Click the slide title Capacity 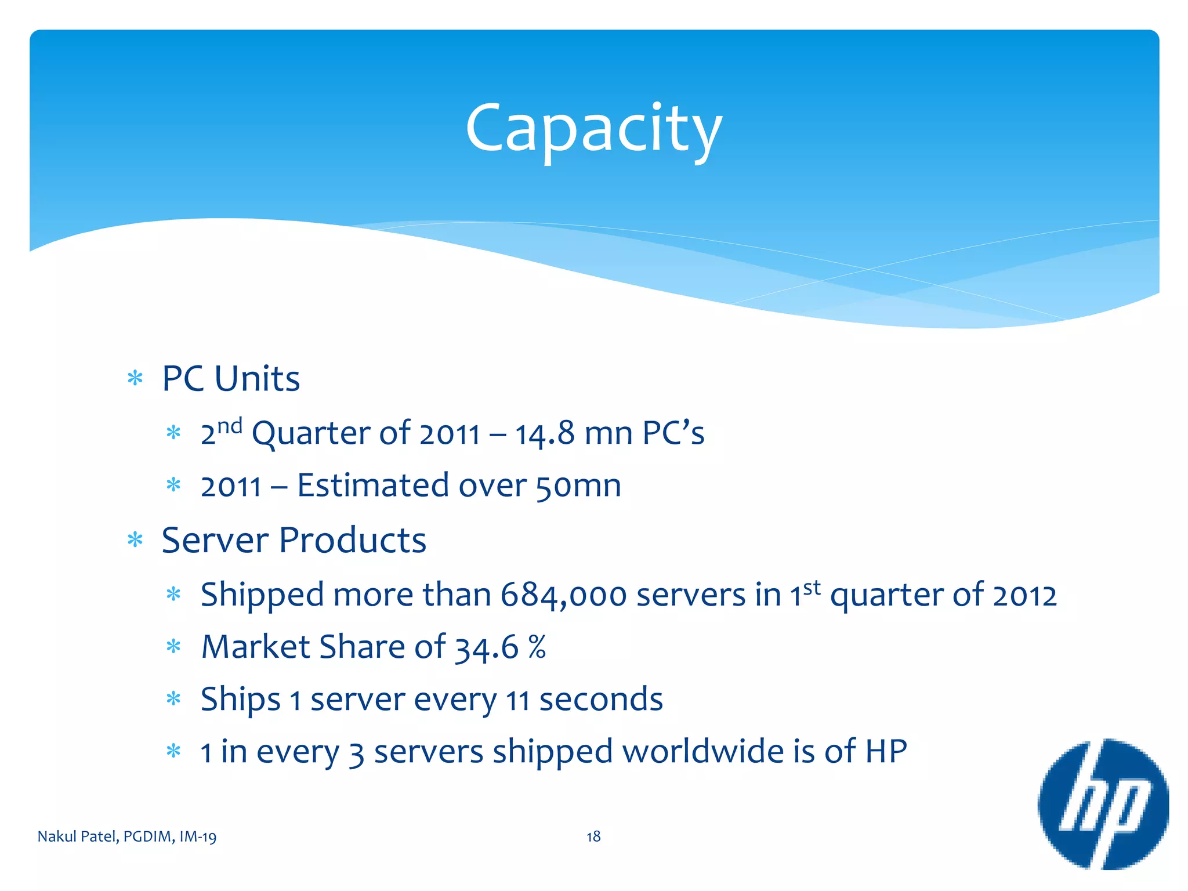(x=593, y=129)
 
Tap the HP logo (x=1103, y=804)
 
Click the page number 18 (x=593, y=836)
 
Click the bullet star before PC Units (x=135, y=379)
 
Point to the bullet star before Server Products (x=135, y=540)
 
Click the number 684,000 (x=563, y=595)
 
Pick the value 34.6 (x=486, y=647)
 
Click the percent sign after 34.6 (x=537, y=647)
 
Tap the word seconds (x=601, y=699)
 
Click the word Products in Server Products (x=353, y=540)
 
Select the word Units (x=257, y=379)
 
